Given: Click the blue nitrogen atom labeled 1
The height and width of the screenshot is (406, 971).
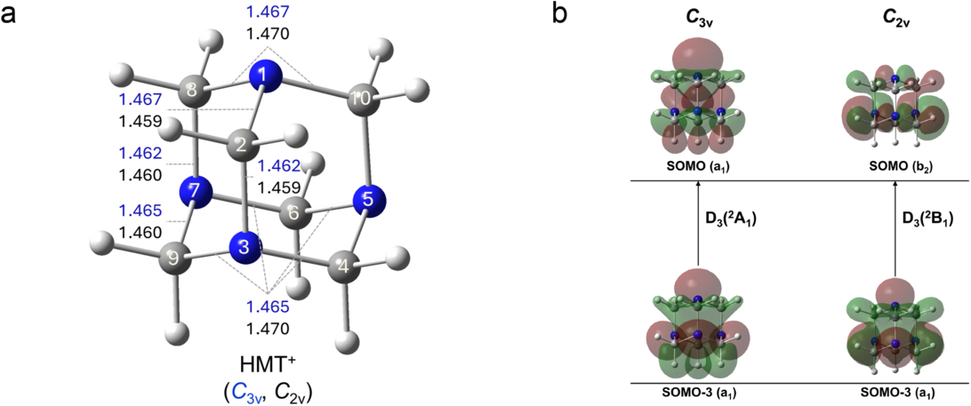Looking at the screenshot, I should [x=263, y=76].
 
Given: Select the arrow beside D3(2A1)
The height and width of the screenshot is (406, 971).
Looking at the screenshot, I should [x=698, y=222].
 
